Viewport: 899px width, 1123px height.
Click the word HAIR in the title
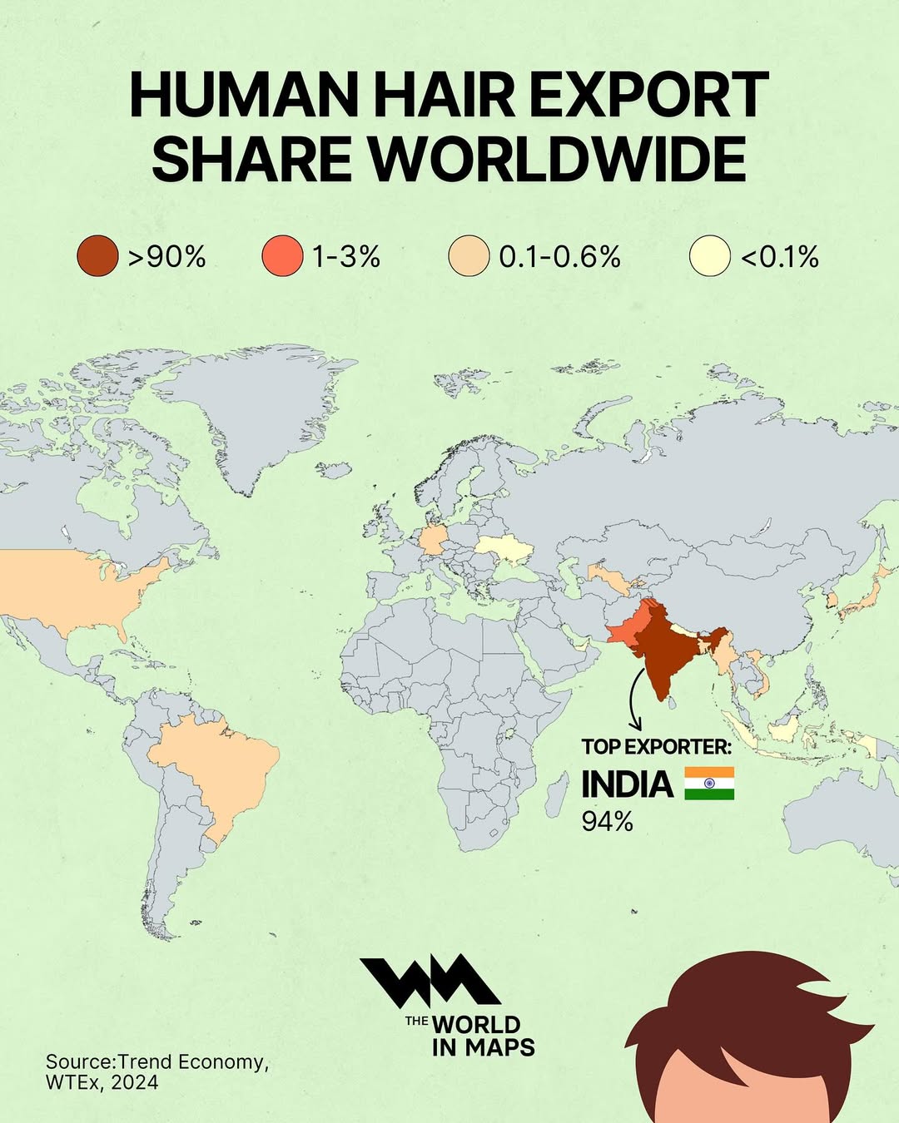[445, 95]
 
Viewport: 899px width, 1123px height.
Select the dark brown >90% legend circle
[97, 255]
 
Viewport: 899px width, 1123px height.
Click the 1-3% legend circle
[282, 255]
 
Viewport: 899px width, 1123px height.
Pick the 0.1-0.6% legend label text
[559, 256]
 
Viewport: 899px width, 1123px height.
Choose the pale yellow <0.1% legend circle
[710, 255]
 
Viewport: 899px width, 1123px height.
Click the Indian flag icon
[709, 784]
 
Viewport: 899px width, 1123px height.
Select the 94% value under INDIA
[607, 822]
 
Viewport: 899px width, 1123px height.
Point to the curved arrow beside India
[634, 699]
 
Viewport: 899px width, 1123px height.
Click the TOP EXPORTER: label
[656, 746]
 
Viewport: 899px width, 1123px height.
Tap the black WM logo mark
[430, 982]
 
